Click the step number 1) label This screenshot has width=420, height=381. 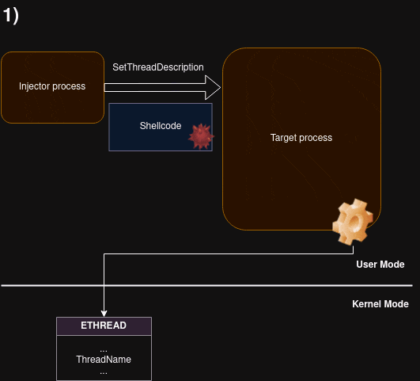11,16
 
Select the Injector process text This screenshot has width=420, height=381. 52,86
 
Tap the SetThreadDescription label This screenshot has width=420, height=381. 158,67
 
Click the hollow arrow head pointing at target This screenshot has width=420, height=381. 213,87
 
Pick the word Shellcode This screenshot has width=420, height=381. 161,126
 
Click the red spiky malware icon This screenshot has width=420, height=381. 201,136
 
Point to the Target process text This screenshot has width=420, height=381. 301,138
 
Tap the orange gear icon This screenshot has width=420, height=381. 353,222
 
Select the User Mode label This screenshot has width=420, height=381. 380,265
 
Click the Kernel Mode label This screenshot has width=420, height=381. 380,304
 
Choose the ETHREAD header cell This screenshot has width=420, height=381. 104,326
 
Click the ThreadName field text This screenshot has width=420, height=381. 104,360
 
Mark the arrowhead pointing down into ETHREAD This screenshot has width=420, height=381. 104,314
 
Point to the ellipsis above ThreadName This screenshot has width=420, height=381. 104,350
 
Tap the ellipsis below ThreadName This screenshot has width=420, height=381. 104,373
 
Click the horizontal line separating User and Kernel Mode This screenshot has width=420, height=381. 206,285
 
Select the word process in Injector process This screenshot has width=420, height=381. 69,86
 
